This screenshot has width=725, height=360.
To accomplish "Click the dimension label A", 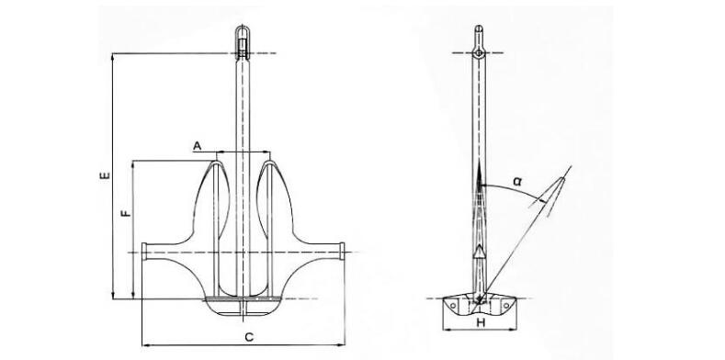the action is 198,147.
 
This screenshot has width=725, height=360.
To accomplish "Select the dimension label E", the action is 106,175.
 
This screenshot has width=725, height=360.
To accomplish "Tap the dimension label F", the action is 125,213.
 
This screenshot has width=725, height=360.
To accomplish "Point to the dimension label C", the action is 249,337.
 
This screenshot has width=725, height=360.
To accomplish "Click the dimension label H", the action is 481,323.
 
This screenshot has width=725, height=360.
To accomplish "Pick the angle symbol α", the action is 517,182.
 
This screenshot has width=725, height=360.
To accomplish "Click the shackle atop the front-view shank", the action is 243,42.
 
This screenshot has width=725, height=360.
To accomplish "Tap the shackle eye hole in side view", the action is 479,53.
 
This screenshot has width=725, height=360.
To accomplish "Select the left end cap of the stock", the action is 144,251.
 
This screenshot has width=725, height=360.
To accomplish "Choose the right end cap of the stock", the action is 342,251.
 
